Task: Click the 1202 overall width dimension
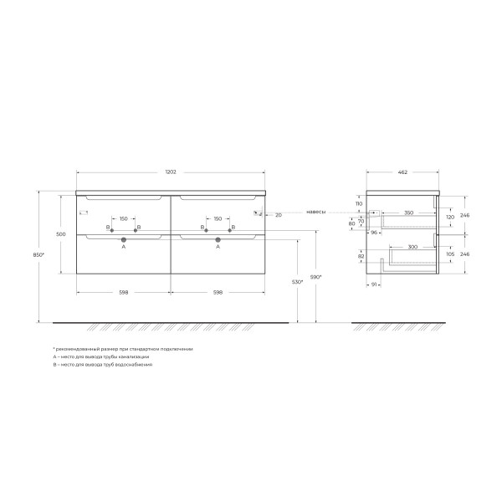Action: (x=170, y=172)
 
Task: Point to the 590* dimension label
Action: (x=315, y=277)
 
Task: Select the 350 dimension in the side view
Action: (x=408, y=213)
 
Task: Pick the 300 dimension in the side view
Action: (x=402, y=247)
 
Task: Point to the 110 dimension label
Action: (x=357, y=204)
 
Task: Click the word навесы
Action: (x=316, y=212)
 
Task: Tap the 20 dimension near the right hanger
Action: (x=278, y=215)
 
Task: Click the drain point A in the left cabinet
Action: (x=123, y=239)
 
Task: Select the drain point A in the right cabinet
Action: (x=218, y=239)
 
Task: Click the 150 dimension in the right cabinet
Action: (x=218, y=219)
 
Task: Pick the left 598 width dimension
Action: (x=123, y=293)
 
